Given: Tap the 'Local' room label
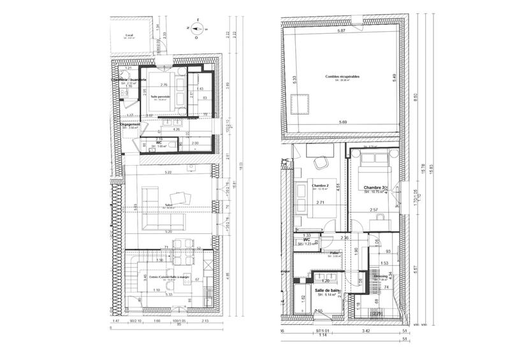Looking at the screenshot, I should click(x=129, y=35).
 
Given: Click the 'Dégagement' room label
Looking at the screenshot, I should click(x=131, y=125).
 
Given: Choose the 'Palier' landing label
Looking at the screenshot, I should click(x=335, y=253).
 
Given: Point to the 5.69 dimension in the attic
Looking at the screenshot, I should click(x=343, y=122).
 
